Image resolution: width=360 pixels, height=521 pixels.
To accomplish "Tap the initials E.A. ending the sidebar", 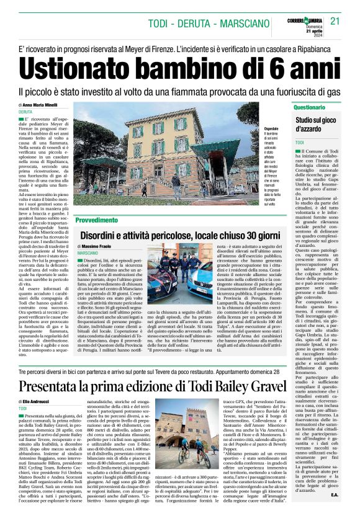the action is pos(334,512).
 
